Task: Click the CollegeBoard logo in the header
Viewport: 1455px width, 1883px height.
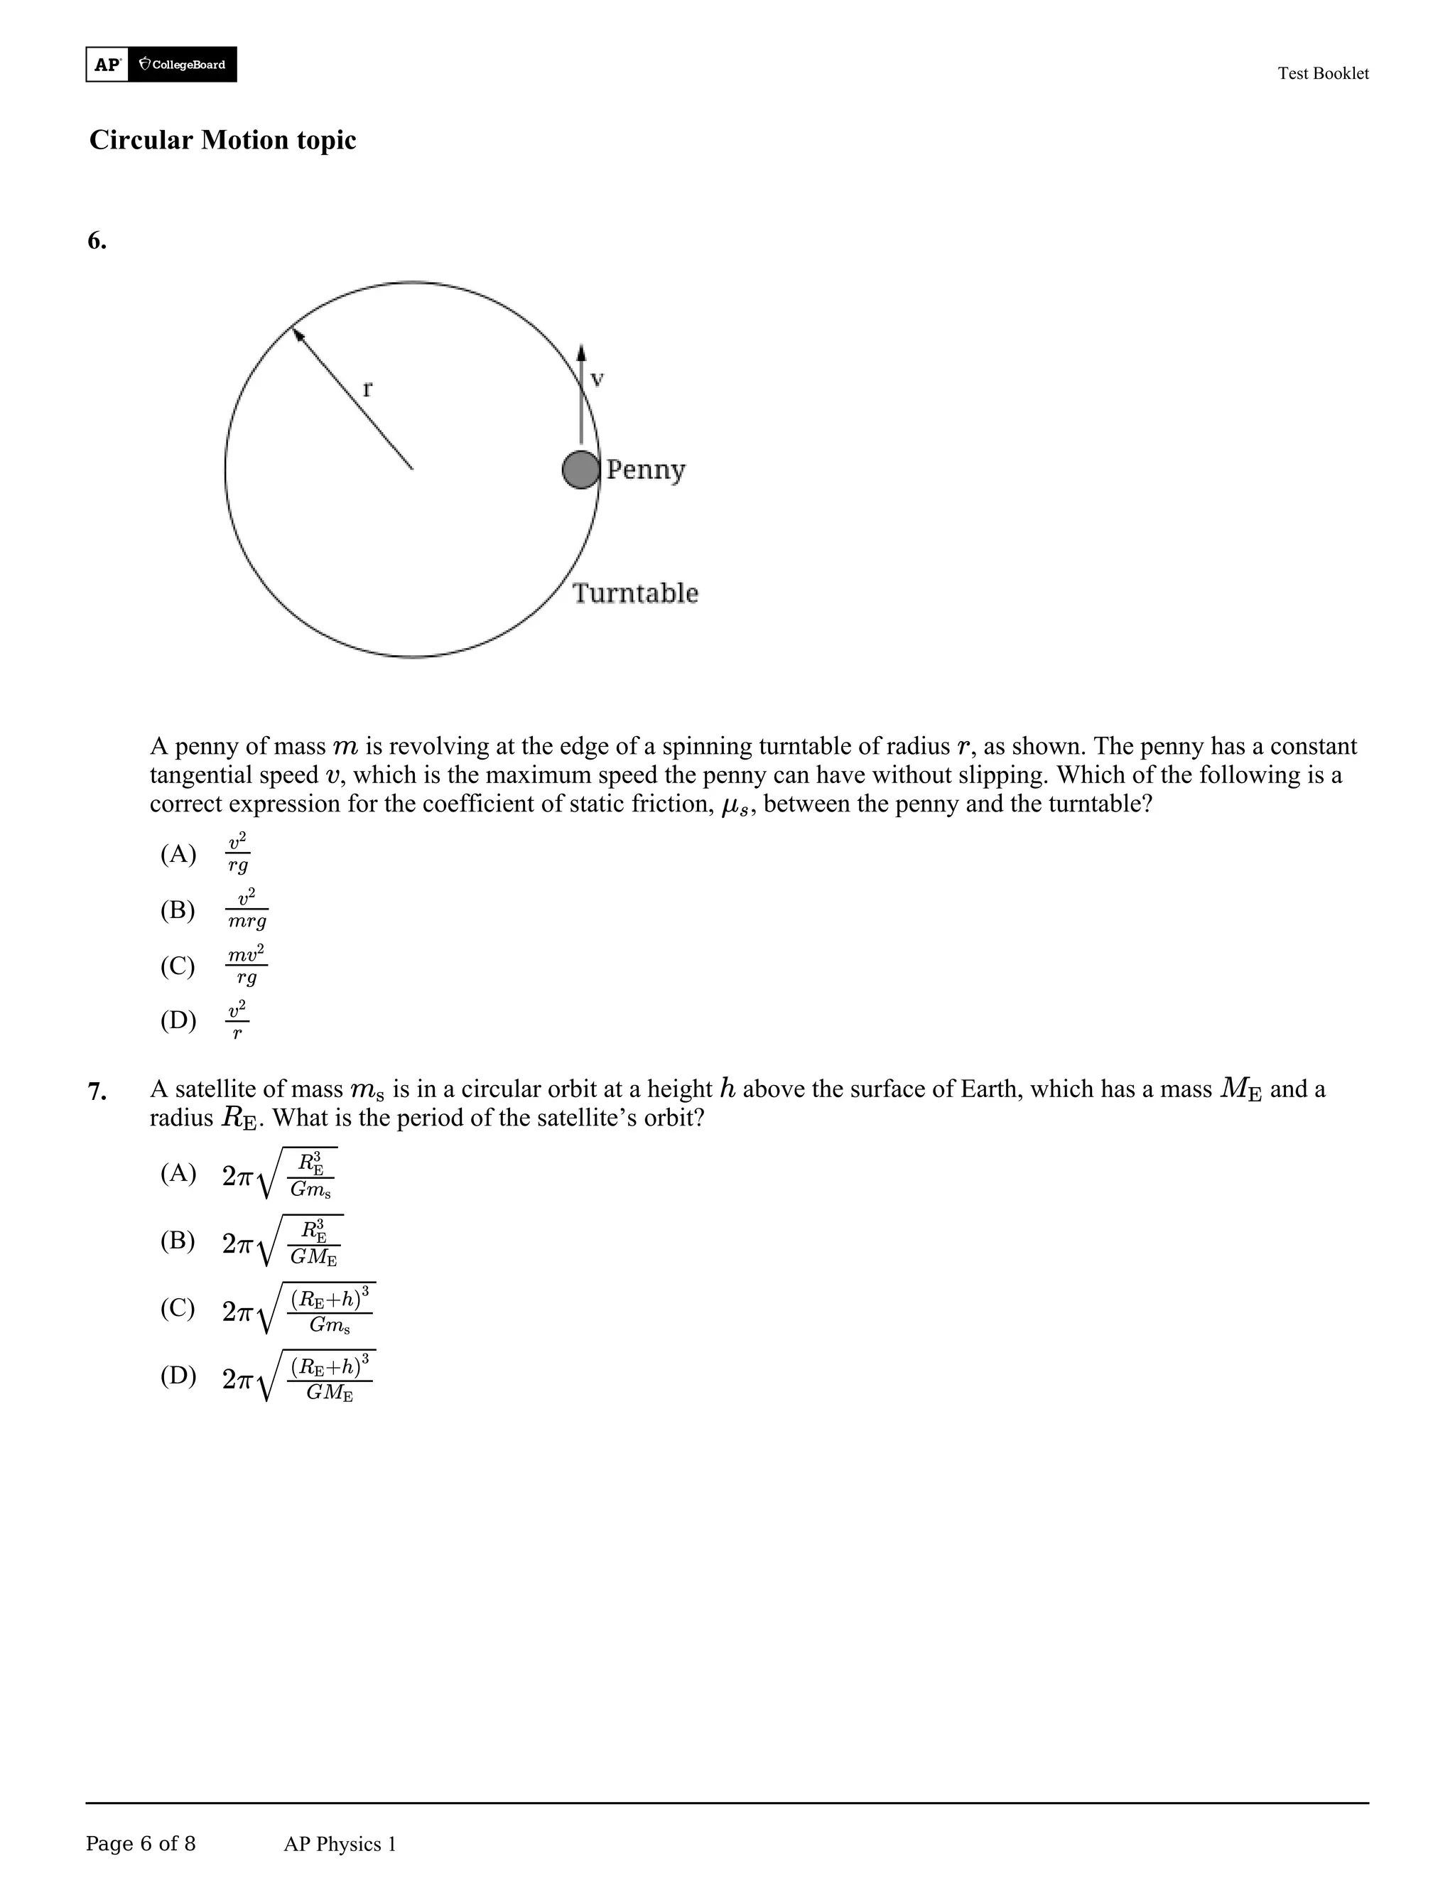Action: pos(182,65)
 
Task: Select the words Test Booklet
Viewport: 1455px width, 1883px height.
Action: pos(1322,73)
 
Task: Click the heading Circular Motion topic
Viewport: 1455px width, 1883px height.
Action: pos(222,140)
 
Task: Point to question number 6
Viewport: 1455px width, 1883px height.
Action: pos(97,242)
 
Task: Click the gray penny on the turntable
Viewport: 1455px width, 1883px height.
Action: pos(580,470)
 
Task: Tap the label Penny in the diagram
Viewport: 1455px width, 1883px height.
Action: pos(646,470)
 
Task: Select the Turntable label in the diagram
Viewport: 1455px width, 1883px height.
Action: pos(635,593)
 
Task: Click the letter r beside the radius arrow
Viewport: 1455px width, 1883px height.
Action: pos(367,389)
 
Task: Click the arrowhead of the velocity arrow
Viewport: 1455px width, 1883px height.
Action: pos(581,352)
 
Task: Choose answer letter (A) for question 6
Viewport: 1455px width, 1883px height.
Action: pos(178,854)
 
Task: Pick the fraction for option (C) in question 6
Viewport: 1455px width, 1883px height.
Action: pos(247,965)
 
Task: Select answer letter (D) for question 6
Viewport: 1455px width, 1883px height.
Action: pos(178,1021)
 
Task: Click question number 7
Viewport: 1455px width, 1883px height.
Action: pos(97,1092)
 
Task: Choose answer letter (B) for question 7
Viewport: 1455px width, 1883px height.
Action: pos(178,1241)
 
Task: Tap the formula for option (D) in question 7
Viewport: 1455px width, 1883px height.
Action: pos(298,1376)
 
